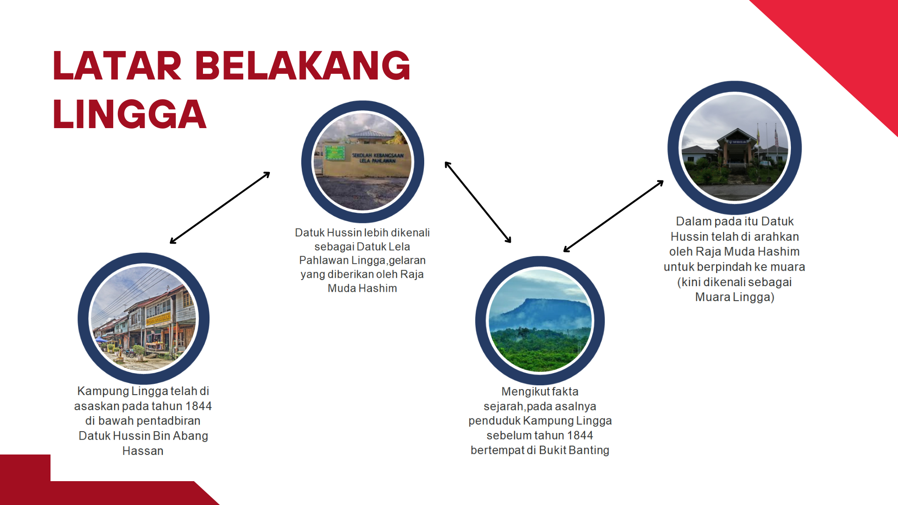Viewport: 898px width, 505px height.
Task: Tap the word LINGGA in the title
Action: point(130,114)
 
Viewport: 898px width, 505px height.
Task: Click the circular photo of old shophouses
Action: point(144,318)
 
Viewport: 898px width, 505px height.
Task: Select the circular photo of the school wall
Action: point(362,162)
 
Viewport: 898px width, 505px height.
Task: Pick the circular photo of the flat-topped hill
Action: point(540,320)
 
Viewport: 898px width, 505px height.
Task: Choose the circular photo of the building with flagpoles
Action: point(734,148)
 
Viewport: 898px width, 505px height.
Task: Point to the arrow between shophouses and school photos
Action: point(220,208)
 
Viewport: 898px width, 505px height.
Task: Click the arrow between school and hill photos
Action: point(478,202)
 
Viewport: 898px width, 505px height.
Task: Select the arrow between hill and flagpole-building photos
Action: point(614,216)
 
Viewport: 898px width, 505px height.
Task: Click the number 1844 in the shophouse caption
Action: point(198,406)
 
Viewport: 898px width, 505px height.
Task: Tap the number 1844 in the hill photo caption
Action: point(580,435)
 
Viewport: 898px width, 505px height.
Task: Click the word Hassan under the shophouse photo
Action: point(143,451)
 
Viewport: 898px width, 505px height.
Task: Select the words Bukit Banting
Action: point(574,450)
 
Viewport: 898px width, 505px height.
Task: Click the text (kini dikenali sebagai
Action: point(734,282)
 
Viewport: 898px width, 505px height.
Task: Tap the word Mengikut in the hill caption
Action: point(520,391)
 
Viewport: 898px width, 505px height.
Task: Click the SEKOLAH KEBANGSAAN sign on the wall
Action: point(377,158)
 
